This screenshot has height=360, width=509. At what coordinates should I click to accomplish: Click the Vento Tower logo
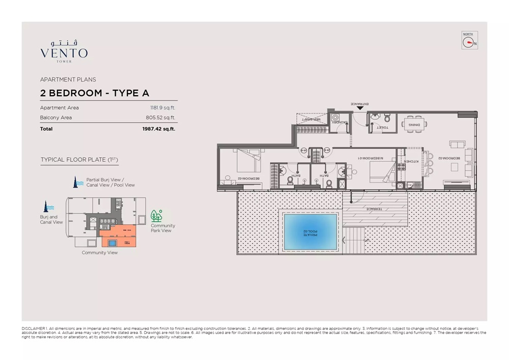coord(64,50)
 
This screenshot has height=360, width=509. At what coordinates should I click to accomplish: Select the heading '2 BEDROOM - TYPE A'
coord(95,93)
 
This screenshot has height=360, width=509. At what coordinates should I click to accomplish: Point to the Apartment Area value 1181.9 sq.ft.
coord(160,107)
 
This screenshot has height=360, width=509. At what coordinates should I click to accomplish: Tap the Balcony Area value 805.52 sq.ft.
coord(160,118)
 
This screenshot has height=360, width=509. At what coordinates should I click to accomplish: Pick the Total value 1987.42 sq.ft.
coord(158,129)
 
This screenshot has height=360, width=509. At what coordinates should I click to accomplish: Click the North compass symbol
coord(469,40)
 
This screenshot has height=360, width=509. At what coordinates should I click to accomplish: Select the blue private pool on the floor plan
coord(310,232)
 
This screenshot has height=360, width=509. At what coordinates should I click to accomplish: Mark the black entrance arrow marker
coord(360,107)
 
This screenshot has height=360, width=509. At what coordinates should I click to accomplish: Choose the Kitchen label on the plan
coord(410,161)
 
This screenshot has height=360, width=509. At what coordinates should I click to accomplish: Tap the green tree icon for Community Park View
coord(156,216)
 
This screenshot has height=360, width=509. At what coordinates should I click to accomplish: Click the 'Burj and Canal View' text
coord(51,219)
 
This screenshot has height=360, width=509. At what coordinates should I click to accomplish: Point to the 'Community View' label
coord(100,253)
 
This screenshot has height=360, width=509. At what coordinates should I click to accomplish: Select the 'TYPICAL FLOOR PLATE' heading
coord(79,159)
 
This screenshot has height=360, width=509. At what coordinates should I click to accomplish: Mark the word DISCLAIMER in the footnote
coord(34,329)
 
